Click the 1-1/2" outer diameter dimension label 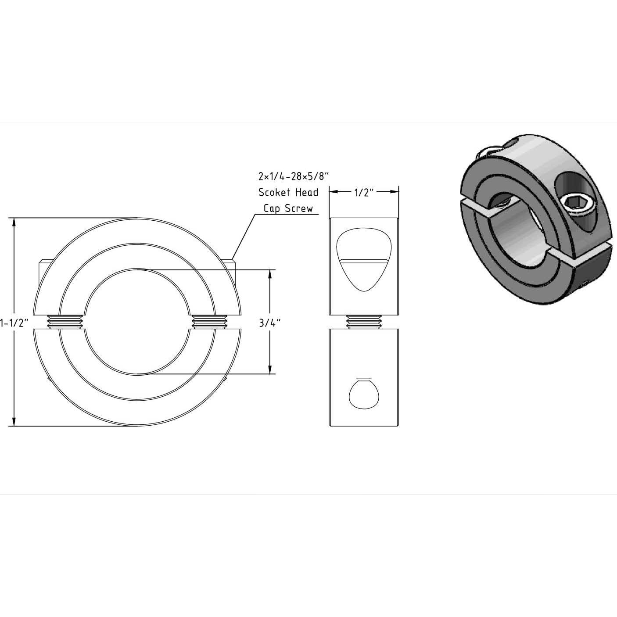pyautogui.click(x=14, y=323)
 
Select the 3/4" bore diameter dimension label pyautogui.click(x=269, y=323)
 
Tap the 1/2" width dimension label pyautogui.click(x=364, y=192)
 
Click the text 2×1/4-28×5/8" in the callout pyautogui.click(x=293, y=176)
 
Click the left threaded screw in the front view pyautogui.click(x=65, y=322)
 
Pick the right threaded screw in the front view pyautogui.click(x=209, y=322)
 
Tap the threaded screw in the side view pyautogui.click(x=363, y=322)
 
